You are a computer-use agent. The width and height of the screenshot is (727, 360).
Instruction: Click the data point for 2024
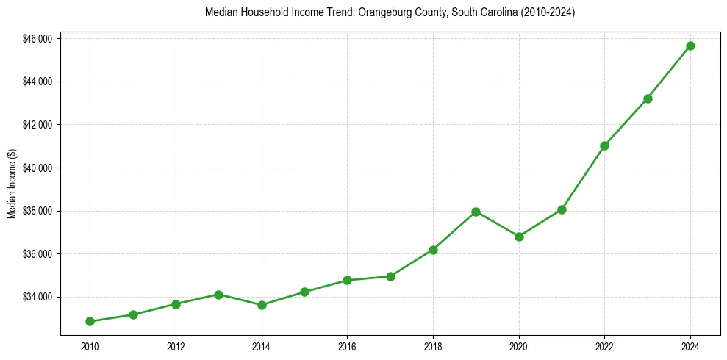pos(690,46)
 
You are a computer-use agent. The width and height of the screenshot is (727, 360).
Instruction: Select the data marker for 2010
pos(90,321)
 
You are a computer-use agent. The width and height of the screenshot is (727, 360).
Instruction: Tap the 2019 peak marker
pos(476,212)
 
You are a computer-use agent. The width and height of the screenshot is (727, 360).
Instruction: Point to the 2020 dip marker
pos(519,237)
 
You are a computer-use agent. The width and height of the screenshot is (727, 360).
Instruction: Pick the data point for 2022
pos(604,145)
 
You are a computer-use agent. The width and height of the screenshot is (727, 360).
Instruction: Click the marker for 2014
pos(262,305)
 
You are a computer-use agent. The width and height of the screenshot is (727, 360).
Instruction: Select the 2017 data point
pos(390,276)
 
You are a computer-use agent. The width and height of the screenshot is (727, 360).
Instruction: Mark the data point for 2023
pos(648,98)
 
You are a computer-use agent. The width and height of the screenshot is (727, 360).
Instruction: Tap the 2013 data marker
pos(218,295)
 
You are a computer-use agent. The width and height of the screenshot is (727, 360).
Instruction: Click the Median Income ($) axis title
pos(12,184)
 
